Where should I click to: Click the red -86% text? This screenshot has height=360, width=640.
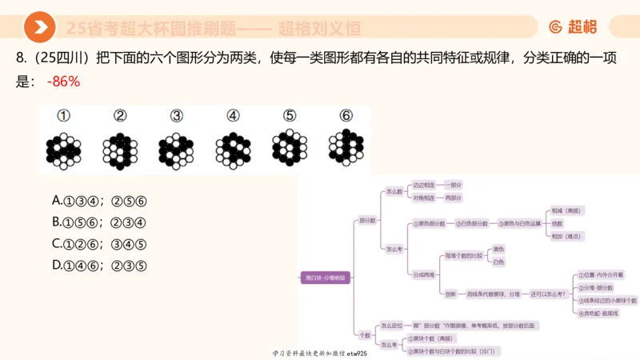(x=64, y=82)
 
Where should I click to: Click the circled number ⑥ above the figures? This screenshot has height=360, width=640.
(x=346, y=115)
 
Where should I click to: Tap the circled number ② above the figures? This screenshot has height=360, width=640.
(x=120, y=115)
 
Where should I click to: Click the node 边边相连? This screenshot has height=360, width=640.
(x=423, y=185)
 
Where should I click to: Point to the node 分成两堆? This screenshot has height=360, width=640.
(x=423, y=274)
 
